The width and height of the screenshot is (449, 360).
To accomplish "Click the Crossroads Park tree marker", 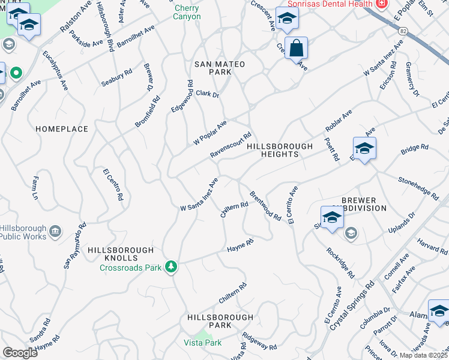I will point(172,266).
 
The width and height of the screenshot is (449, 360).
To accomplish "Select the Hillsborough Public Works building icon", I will point(55,231).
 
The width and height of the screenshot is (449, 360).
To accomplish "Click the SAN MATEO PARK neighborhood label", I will point(212,67).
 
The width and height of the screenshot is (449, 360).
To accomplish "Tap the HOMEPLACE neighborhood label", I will point(62,129).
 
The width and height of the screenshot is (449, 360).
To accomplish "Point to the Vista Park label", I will point(202,343).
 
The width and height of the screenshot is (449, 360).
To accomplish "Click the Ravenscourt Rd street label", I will point(230,146).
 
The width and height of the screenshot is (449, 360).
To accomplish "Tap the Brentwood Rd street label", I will point(265,206).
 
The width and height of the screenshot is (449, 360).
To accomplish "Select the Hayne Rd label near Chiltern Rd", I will point(240,245).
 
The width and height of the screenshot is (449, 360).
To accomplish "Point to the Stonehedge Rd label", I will point(418,187).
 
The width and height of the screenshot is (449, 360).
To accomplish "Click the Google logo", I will point(20,353).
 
